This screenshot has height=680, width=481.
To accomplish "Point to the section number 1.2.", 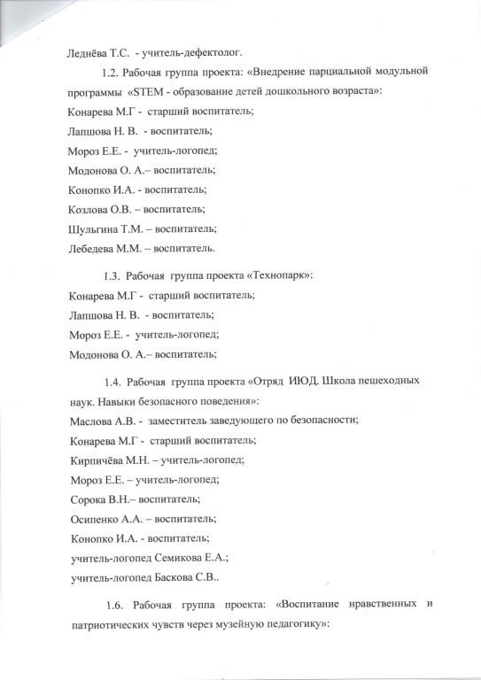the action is click(113, 70).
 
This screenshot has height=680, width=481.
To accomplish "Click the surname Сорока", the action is click(88, 499).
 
